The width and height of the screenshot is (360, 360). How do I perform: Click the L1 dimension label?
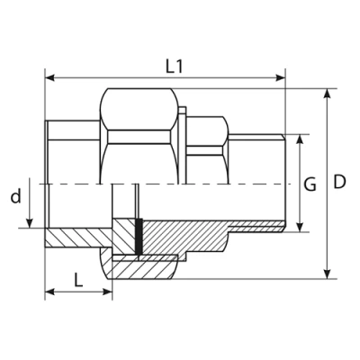[175, 65]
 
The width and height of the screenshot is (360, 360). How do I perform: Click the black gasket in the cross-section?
[139, 237]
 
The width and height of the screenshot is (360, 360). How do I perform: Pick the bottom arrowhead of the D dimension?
[326, 274]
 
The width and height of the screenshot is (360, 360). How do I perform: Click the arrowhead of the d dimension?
[32, 225]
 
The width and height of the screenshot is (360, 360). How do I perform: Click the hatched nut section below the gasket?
[144, 265]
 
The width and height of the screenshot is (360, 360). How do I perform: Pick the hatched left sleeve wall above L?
[76, 239]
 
